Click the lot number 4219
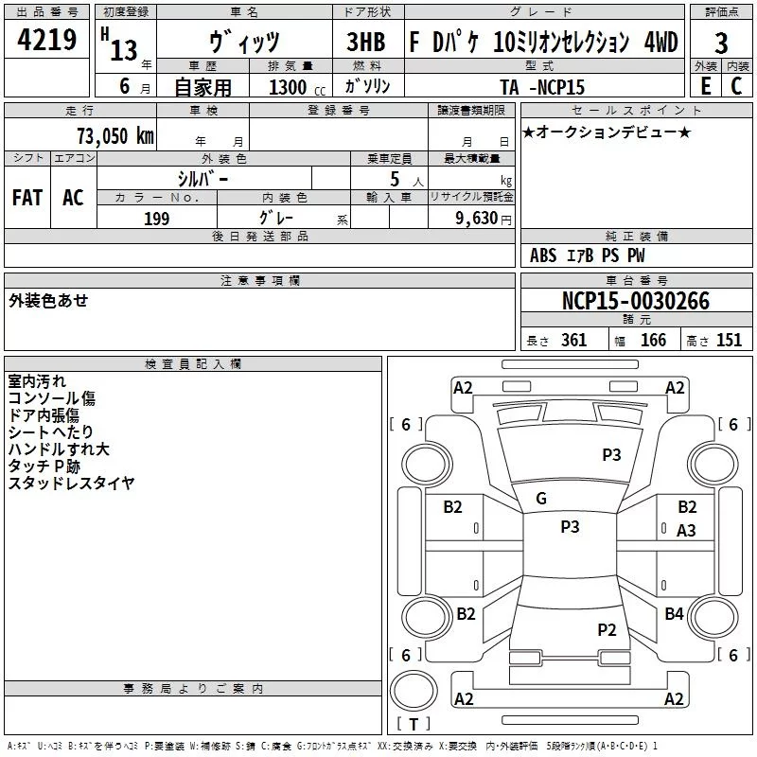(45, 42)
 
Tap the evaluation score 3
(721, 44)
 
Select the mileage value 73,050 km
(114, 135)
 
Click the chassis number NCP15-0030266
(635, 302)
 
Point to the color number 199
(156, 219)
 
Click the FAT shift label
(26, 197)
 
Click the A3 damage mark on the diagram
(686, 531)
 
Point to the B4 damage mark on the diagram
(674, 614)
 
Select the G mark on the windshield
(541, 499)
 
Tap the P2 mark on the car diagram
(607, 629)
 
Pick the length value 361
(573, 341)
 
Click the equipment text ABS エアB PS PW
(587, 255)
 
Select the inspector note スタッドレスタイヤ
(72, 483)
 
